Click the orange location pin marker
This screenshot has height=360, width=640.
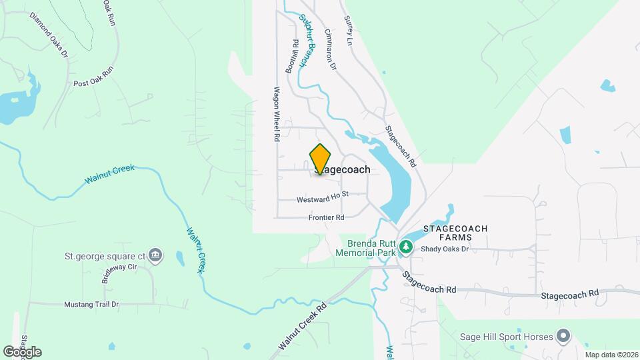tap(320, 159)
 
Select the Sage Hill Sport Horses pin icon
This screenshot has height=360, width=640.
tap(564, 335)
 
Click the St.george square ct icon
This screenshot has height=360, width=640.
tap(155, 255)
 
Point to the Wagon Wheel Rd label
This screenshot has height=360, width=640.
tap(275, 113)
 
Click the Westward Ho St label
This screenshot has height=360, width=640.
tap(323, 199)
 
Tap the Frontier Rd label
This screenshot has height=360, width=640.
tap(326, 217)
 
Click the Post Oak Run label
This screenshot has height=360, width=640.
tap(94, 77)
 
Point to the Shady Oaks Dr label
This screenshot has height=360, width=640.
tap(445, 249)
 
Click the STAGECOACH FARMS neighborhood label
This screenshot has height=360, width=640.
tap(456, 233)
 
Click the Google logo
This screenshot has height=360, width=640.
tap(22, 351)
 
